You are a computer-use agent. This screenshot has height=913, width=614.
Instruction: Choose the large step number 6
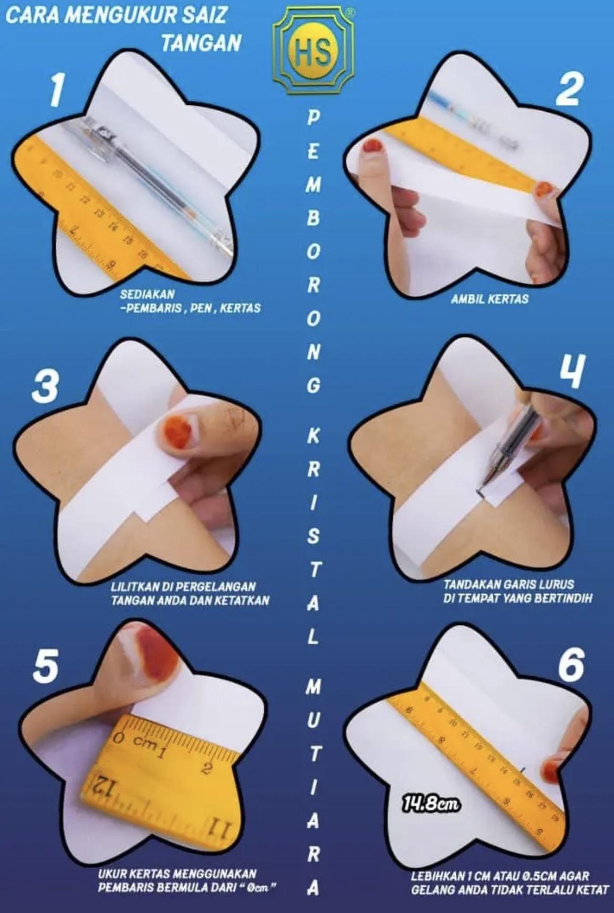click(571, 664)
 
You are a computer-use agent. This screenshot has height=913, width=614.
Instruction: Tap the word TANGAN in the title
click(202, 43)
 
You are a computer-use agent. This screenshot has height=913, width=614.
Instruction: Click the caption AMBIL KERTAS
click(490, 299)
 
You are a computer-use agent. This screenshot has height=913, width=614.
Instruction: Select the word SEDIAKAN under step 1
click(147, 294)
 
